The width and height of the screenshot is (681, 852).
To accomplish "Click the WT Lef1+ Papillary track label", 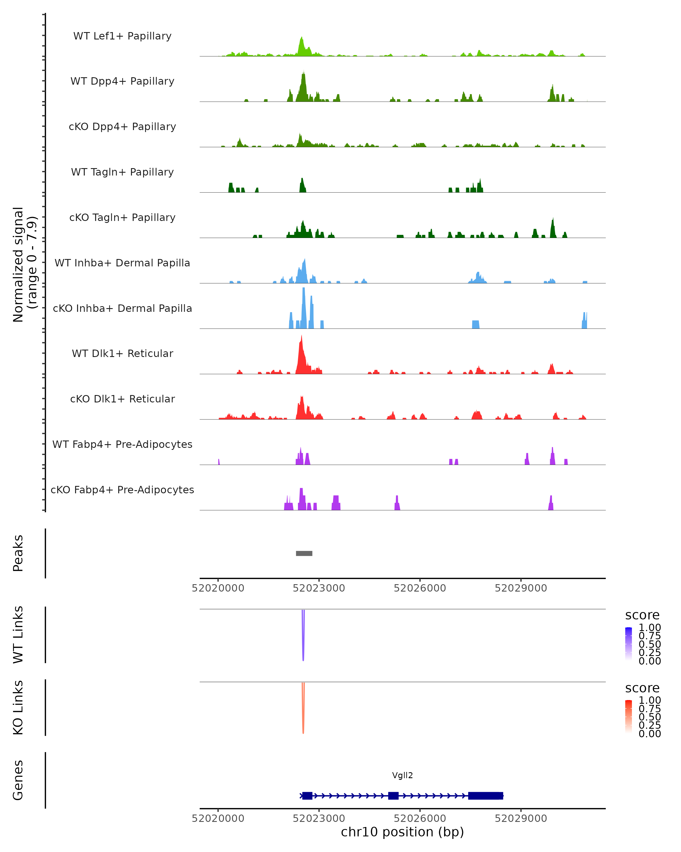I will pos(122,36).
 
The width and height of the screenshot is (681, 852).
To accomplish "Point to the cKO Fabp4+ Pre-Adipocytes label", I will pos(122,490).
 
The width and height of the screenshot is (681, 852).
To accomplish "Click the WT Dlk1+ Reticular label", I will pos(122,354).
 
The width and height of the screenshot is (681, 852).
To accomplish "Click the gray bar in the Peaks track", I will pos(304,553).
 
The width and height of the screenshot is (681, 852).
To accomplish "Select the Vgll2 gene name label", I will pos(402,775).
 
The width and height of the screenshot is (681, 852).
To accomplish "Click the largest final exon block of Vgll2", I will pos(485,795).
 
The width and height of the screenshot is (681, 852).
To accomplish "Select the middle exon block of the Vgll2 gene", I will pos(393,795).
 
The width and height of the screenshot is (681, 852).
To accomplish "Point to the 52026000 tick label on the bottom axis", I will pos(420,818).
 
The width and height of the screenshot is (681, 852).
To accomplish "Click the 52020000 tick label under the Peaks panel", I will pos(218,588).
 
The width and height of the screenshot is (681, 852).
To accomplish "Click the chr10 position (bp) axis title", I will pos(402,832).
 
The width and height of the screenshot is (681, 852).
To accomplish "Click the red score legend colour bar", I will pos(629,717).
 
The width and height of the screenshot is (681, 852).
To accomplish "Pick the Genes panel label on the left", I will pos(18,780).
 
